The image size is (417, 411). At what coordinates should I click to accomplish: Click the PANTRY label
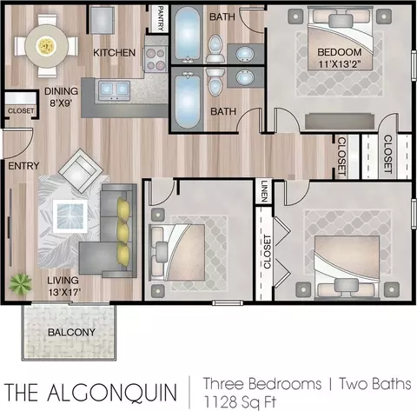click(161, 18)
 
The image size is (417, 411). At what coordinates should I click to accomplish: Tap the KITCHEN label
click(114, 53)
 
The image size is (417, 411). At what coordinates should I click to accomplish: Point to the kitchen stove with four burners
click(156, 59)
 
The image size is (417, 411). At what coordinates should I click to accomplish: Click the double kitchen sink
click(114, 89)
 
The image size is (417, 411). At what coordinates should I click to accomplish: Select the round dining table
click(46, 46)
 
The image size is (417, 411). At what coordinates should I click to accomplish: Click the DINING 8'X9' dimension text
click(61, 96)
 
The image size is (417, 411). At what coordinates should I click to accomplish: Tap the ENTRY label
click(23, 166)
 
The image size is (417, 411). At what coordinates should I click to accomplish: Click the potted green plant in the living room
click(20, 284)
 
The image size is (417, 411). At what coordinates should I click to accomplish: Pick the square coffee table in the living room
click(70, 216)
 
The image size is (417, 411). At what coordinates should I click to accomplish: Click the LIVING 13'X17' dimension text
click(63, 286)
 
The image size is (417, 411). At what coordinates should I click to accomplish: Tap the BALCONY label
click(71, 332)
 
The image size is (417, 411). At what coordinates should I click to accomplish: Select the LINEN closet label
click(264, 191)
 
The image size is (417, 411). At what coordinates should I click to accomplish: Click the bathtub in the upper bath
click(188, 34)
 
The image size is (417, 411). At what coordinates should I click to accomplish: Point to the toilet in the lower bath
click(215, 83)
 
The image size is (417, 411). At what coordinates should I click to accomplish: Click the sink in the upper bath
click(245, 54)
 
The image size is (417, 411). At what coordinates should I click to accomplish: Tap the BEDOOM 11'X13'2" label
click(340, 58)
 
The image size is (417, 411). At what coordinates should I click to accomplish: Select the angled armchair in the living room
click(81, 170)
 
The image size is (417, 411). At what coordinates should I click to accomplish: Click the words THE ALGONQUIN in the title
click(90, 392)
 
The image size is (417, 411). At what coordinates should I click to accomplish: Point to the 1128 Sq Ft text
click(240, 401)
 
